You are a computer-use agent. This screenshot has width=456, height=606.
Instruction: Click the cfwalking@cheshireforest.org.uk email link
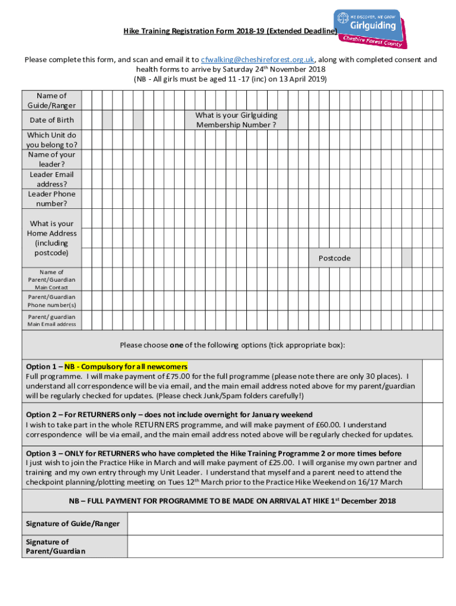[x=258, y=60]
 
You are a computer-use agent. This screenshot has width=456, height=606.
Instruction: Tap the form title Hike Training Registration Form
[x=230, y=31]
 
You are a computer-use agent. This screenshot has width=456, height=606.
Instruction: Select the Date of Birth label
[x=52, y=120]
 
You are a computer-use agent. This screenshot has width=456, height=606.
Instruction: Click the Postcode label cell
[x=335, y=258]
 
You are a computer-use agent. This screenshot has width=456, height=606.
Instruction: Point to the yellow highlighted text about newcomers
[x=126, y=366]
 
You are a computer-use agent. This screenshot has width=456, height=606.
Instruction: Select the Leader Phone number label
[x=52, y=198]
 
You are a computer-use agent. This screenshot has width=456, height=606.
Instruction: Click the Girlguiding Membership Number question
[x=236, y=120]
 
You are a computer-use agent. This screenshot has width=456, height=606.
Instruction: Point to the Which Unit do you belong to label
[x=52, y=140]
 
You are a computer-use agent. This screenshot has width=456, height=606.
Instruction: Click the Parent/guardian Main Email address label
[x=52, y=320]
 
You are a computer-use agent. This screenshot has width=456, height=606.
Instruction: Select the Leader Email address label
[x=52, y=179]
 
